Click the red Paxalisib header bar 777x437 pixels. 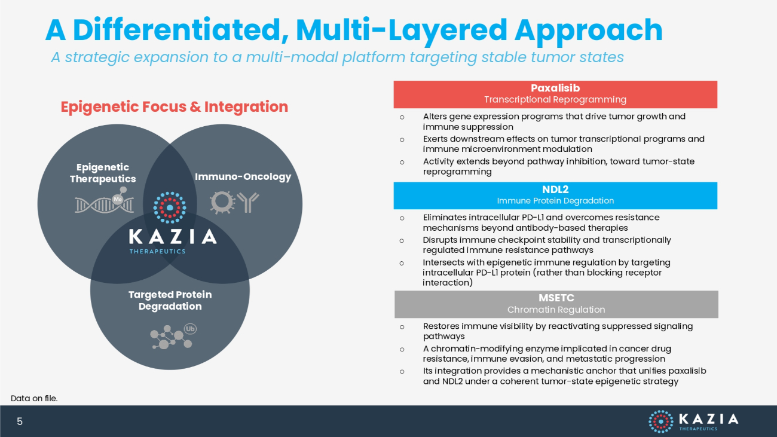[555, 94]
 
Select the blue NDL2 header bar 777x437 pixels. [555, 195]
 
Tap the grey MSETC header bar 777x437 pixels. [556, 304]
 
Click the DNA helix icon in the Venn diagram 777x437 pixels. [105, 200]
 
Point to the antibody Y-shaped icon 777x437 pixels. [248, 202]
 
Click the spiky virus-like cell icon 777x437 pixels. [222, 202]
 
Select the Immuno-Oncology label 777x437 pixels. [243, 177]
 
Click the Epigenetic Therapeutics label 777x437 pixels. [103, 173]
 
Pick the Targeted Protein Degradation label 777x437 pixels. [170, 300]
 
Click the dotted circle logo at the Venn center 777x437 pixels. [170, 208]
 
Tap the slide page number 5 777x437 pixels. [20, 421]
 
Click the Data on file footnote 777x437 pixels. [34, 398]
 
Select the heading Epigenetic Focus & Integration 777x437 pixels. [174, 107]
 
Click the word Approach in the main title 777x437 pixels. [589, 31]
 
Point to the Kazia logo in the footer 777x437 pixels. [693, 421]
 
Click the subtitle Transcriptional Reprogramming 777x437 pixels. [555, 100]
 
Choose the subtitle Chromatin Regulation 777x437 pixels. [556, 310]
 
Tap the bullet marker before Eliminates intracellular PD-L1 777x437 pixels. [402, 219]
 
